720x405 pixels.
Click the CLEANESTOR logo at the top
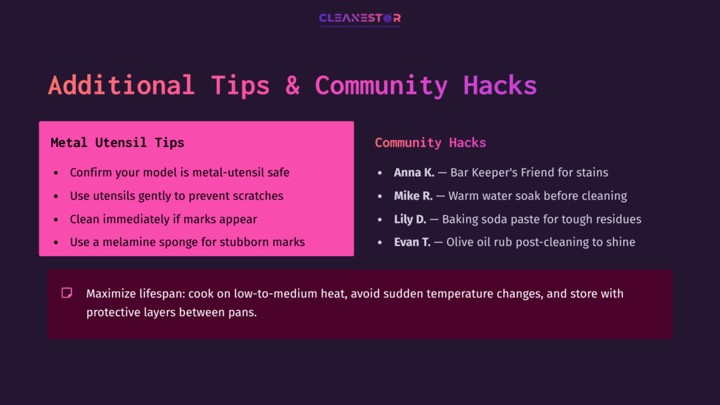[359, 18]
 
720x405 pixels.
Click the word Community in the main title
[380, 86]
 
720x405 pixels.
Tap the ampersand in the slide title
[292, 86]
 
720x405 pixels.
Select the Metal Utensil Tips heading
[117, 143]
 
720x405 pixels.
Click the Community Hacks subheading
[430, 143]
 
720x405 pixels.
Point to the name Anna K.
[414, 172]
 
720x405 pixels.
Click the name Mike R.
[413, 195]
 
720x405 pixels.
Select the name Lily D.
[410, 219]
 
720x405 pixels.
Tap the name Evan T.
[412, 242]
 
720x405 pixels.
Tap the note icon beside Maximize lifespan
[67, 292]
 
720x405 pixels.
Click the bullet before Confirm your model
[56, 173]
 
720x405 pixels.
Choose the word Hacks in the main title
[500, 86]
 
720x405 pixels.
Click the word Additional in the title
[120, 86]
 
